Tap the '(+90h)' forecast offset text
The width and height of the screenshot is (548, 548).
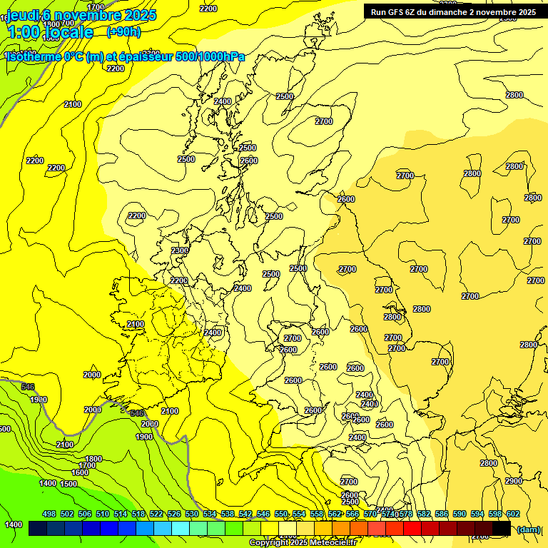[x=123, y=32]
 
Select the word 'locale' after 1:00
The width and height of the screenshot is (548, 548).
[x=68, y=32]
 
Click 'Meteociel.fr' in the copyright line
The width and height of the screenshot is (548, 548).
[x=330, y=543]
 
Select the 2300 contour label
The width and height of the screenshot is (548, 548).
[x=180, y=250]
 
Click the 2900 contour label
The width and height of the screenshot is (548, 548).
[x=513, y=481]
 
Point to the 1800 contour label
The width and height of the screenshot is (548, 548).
[x=93, y=459]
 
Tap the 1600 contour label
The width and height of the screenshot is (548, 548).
[x=80, y=472]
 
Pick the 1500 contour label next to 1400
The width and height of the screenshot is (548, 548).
[x=68, y=484]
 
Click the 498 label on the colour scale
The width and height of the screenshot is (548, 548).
[x=49, y=514]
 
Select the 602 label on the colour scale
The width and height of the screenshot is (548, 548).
[x=513, y=514]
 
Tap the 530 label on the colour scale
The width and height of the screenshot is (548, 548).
[x=192, y=514]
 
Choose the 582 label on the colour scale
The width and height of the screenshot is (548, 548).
[x=424, y=514]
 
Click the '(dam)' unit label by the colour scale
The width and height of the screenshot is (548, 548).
[x=529, y=529]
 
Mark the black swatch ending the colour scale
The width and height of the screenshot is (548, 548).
[x=502, y=528]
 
